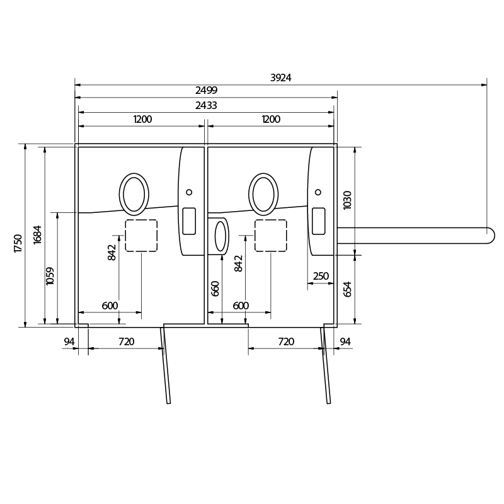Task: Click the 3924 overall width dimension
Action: (x=280, y=77)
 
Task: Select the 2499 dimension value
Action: (x=207, y=90)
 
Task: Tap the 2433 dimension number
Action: (x=206, y=105)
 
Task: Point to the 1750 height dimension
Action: (x=18, y=243)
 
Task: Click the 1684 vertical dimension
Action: (x=37, y=234)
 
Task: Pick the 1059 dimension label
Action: (x=50, y=276)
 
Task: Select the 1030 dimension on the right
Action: (x=347, y=200)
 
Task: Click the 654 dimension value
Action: (x=347, y=289)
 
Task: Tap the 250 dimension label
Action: (x=321, y=276)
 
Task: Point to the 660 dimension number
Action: (x=215, y=289)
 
